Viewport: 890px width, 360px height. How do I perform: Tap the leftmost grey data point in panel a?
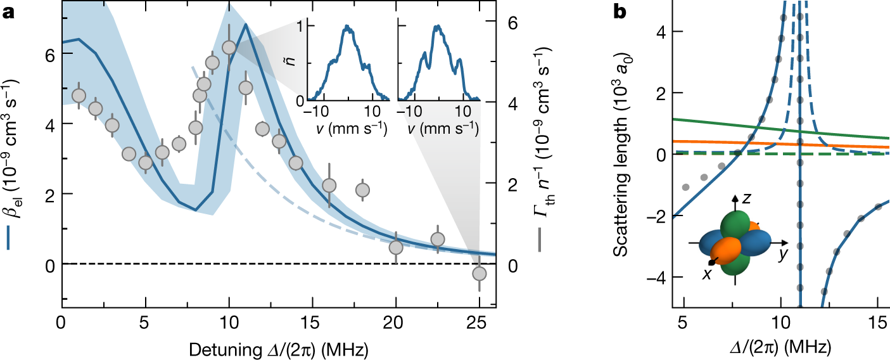[x=79, y=96]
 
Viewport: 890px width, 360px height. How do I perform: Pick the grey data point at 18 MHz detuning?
[x=362, y=190]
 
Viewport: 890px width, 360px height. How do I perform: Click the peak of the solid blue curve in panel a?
[x=245, y=25]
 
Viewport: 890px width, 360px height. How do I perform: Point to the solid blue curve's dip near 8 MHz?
[x=196, y=210]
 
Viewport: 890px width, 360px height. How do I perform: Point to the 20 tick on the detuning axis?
[x=396, y=321]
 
